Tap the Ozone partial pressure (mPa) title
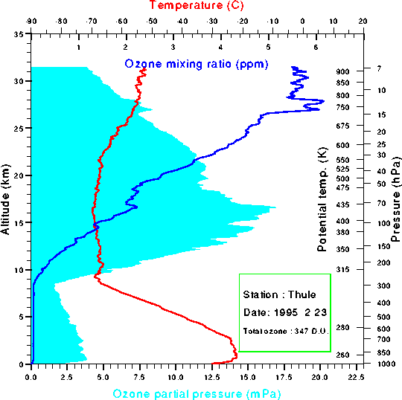[x=197, y=392]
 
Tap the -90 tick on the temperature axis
[x=31, y=23]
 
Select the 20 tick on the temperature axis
[x=363, y=23]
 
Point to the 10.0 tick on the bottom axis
[x=175, y=377]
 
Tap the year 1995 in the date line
[x=282, y=312]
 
